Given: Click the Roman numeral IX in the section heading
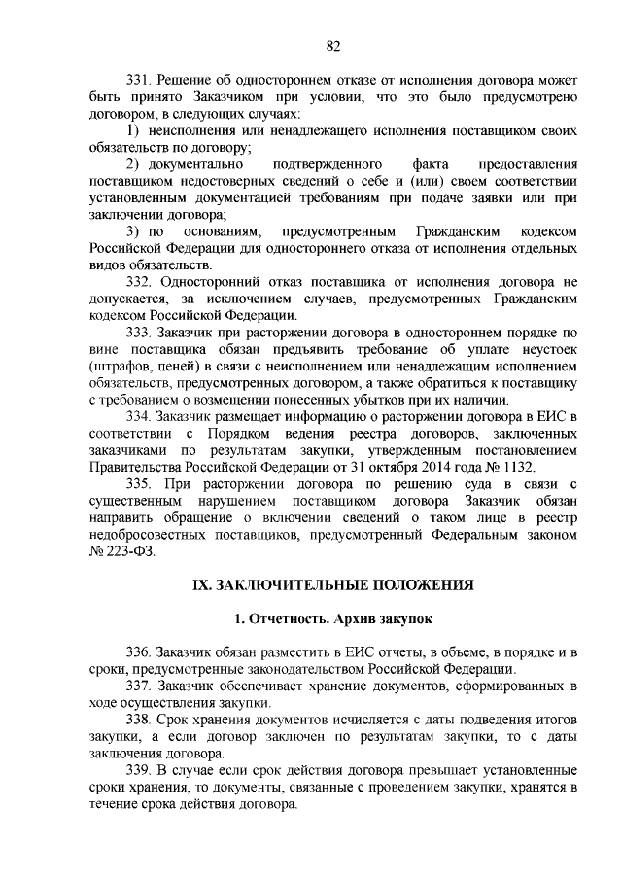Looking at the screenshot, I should coord(200,585).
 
